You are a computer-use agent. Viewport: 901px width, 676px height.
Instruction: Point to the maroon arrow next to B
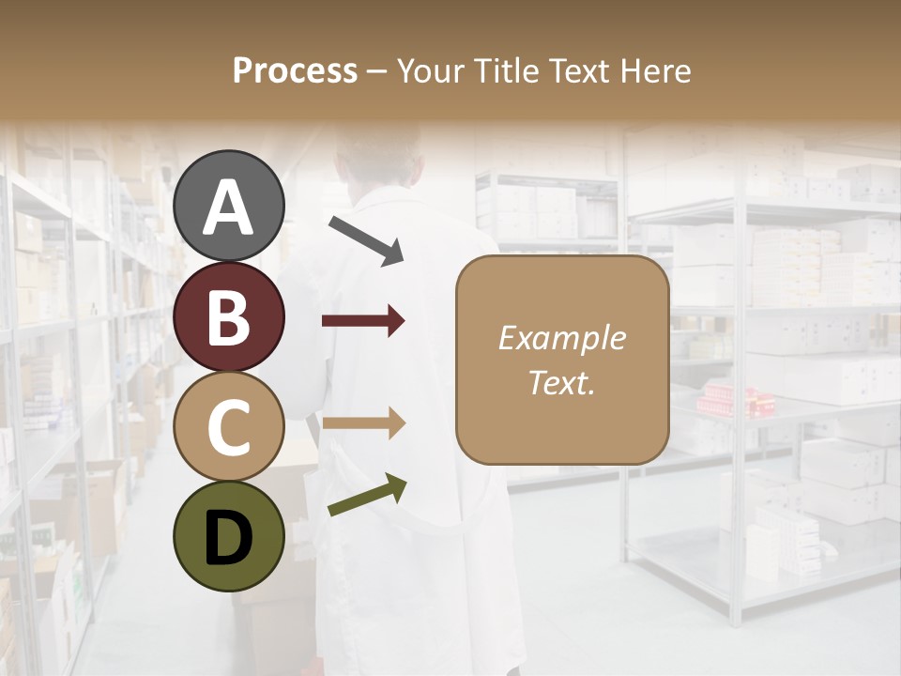tap(363, 321)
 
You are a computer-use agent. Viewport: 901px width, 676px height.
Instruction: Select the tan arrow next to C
tap(363, 423)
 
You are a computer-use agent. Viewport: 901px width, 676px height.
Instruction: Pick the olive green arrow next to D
tap(367, 495)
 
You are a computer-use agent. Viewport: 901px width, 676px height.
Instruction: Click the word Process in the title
tap(295, 70)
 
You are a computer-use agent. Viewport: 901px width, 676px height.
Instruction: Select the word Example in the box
tap(561, 338)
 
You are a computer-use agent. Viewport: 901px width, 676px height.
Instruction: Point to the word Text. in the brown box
tap(561, 382)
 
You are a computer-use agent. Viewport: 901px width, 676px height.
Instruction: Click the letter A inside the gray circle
tap(229, 208)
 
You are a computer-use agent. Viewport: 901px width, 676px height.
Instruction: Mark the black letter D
tap(229, 538)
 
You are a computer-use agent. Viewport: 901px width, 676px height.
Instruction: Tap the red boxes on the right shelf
tap(737, 398)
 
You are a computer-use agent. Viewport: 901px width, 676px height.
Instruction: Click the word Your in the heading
tap(429, 70)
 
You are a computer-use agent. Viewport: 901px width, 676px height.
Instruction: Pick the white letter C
tap(229, 427)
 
